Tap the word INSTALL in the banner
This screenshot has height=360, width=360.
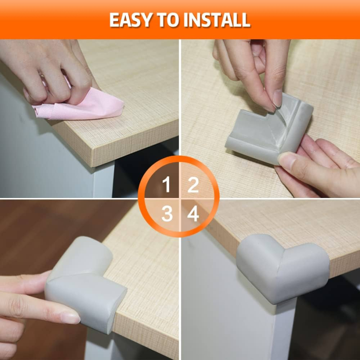click(217, 20)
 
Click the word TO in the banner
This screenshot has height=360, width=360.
click(168, 20)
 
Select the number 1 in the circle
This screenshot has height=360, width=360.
click(166, 184)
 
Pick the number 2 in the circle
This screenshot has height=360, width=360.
click(193, 184)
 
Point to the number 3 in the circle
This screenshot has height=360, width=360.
click(167, 214)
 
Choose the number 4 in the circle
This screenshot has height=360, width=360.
click(193, 214)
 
